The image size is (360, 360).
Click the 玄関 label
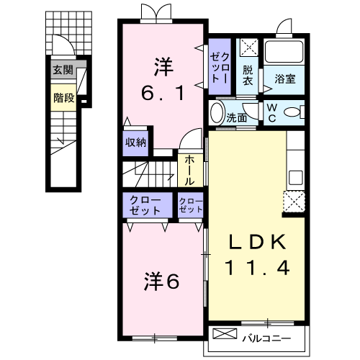[x=63, y=71]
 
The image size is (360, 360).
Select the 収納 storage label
[x=135, y=143]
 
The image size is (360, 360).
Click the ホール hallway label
[x=190, y=171]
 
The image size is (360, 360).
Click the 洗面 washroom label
[x=237, y=115]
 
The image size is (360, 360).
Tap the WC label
[x=273, y=112]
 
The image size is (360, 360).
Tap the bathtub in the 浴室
[x=285, y=52]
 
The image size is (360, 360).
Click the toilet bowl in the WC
[x=293, y=112]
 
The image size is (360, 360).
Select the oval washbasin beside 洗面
[x=217, y=114]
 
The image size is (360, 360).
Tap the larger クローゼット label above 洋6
[x=145, y=204]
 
